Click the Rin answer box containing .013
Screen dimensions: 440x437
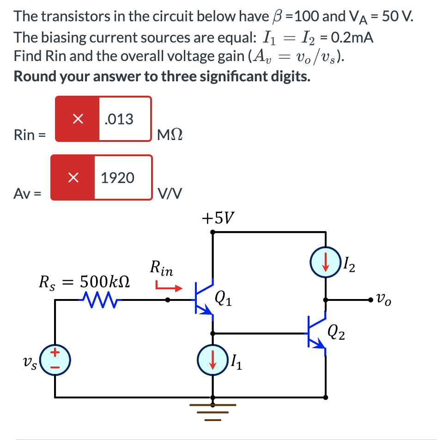click(x=124, y=119)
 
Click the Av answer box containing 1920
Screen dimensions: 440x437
click(x=122, y=177)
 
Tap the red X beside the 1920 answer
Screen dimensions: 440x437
click(x=73, y=177)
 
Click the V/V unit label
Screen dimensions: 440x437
click(x=170, y=194)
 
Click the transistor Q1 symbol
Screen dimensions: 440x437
click(x=203, y=299)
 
